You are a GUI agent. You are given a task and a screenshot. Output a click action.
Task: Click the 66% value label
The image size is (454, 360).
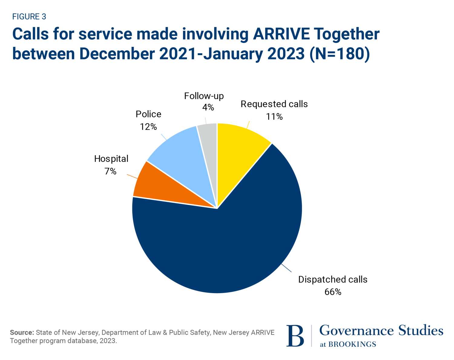pos(333,292)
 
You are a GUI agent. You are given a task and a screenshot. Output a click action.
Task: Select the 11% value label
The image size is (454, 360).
pos(274,117)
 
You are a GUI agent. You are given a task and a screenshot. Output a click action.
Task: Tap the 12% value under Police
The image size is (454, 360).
pos(148,127)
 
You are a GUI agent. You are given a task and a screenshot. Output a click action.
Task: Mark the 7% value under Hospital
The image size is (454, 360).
pos(110,171)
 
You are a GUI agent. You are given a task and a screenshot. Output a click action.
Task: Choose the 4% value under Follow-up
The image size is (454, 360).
pos(208,107)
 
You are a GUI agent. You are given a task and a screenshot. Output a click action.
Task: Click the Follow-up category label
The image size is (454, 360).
pos(204,96)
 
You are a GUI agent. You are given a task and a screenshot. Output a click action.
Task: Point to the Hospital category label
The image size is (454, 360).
pos(111,159)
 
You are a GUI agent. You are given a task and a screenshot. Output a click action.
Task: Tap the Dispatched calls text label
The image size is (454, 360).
pos(333,279)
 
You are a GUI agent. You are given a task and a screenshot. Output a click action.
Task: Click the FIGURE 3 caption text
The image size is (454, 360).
pos(29,17)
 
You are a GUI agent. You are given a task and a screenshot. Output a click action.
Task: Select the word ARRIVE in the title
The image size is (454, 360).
pos(281,34)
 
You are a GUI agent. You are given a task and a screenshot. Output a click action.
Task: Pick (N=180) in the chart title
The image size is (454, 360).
pos(340,54)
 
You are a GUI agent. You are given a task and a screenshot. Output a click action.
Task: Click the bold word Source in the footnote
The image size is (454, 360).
pos(21,332)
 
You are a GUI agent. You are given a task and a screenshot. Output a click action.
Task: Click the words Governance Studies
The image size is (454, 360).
pos(381,330)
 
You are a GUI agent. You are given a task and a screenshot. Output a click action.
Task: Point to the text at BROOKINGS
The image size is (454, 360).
pos(348,344)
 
